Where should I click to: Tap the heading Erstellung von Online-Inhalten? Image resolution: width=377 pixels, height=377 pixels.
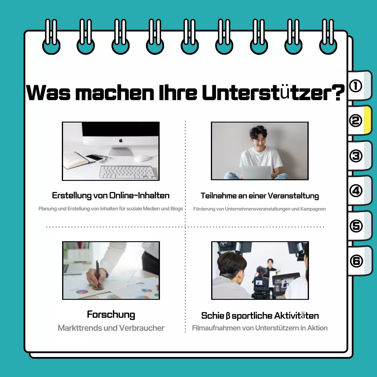click(111, 196)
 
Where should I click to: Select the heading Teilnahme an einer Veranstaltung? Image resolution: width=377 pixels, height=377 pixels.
click(259, 196)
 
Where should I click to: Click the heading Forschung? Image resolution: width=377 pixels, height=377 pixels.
click(111, 315)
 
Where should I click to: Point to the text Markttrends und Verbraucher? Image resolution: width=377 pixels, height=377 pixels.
click(111, 328)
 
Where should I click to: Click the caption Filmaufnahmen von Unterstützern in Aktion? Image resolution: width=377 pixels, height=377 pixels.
click(259, 328)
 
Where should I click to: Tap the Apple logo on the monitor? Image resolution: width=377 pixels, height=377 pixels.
click(121, 140)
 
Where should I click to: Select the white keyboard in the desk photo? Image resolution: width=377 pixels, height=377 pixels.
click(127, 172)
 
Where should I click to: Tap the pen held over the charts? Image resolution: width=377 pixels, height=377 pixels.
click(97, 272)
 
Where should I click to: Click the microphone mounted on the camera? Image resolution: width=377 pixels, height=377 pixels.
click(260, 270)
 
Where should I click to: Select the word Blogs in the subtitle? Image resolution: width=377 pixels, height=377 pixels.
click(177, 209)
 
